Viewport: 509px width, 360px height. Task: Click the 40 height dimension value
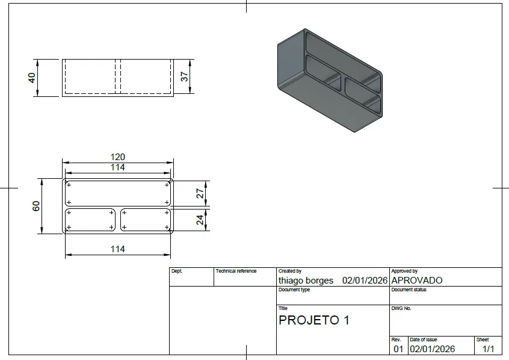(32, 78)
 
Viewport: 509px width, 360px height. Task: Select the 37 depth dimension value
(185, 76)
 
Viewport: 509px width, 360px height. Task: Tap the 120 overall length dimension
(117, 157)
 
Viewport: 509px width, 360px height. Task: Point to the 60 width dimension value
(36, 205)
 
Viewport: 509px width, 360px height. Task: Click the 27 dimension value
(200, 193)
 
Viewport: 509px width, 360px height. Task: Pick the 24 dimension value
(200, 220)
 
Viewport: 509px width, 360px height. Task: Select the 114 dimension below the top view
(117, 249)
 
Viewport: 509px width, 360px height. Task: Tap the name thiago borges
(306, 281)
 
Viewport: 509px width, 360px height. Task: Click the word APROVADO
(416, 281)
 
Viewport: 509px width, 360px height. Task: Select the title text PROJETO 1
(313, 320)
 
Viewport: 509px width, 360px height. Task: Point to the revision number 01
(398, 349)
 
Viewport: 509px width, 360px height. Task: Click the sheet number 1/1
(488, 349)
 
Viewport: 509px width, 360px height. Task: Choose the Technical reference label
(236, 272)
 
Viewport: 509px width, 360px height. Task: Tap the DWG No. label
(401, 308)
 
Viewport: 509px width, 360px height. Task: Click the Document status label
(409, 290)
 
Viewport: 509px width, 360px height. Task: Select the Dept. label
(177, 272)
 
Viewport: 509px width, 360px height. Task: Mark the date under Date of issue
(432, 349)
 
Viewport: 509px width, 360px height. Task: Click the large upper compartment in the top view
(117, 193)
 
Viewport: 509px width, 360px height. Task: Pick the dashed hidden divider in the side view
(118, 77)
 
